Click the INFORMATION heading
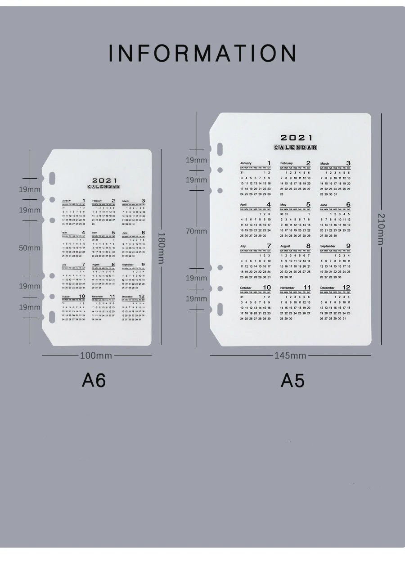tap(202, 53)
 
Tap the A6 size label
tap(94, 381)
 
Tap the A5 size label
tap(292, 381)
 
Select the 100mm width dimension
tap(96, 355)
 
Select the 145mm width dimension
tap(290, 355)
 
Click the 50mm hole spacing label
tap(30, 248)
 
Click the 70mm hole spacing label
tap(197, 231)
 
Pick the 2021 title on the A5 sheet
tap(296, 138)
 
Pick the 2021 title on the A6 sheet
tap(104, 180)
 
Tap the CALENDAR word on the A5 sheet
tap(296, 147)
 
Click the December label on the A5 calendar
tap(327, 288)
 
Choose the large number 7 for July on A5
tap(268, 246)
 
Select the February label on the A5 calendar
tap(287, 163)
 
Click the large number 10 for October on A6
tap(82, 296)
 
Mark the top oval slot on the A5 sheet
tap(220, 149)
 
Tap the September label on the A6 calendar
tap(128, 265)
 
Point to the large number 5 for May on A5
tap(308, 204)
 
